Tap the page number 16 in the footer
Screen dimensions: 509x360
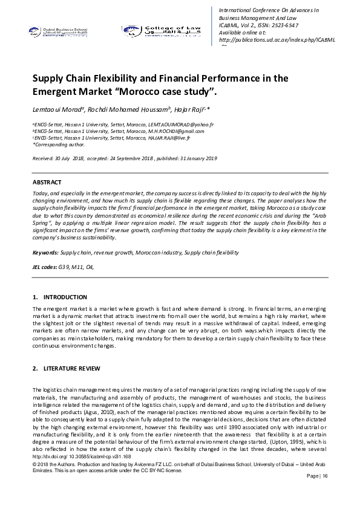(324, 476)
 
